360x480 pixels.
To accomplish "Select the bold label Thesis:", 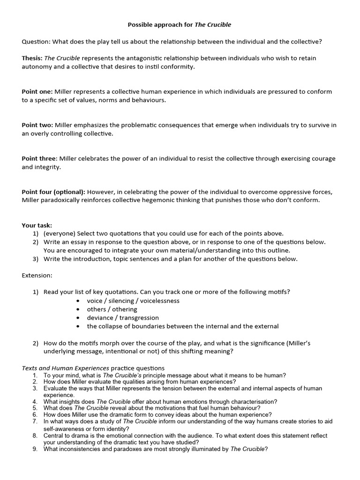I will tap(32, 58).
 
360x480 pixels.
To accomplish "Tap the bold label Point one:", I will tap(37, 92).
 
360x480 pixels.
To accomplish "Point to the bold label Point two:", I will tap(37, 125).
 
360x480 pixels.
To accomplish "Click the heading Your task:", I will tap(37, 225).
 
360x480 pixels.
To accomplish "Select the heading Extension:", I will tap(37, 275).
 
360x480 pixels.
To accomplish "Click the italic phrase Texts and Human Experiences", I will tap(65, 368).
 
